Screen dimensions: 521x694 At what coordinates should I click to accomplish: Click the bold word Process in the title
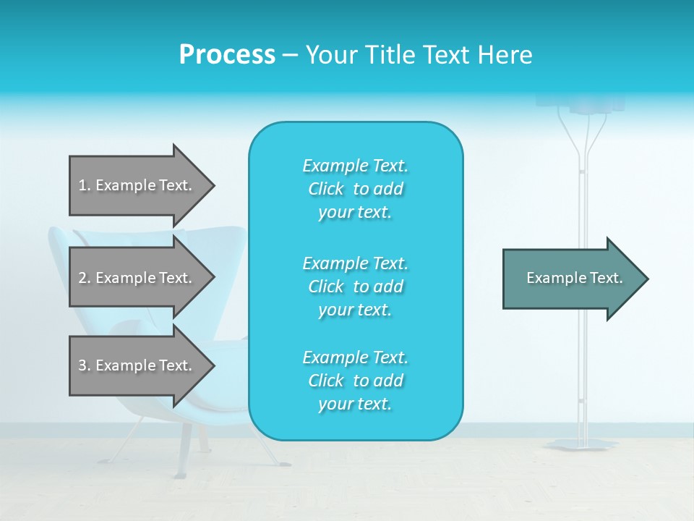pyautogui.click(x=227, y=54)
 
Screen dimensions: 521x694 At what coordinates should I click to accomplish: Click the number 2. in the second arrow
pyautogui.click(x=84, y=278)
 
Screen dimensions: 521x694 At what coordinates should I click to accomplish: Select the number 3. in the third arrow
pyautogui.click(x=84, y=365)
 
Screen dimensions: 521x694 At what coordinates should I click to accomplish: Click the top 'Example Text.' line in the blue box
pyautogui.click(x=355, y=166)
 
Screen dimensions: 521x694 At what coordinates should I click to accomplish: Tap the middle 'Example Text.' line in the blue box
pyautogui.click(x=355, y=263)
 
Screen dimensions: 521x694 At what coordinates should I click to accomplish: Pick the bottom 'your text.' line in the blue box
pyautogui.click(x=355, y=404)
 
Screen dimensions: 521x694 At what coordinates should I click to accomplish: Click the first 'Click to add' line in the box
pyautogui.click(x=355, y=189)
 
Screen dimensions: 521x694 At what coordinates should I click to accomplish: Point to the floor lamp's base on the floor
pyautogui.click(x=582, y=444)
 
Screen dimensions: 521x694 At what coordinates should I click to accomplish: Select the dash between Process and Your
pyautogui.click(x=290, y=55)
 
